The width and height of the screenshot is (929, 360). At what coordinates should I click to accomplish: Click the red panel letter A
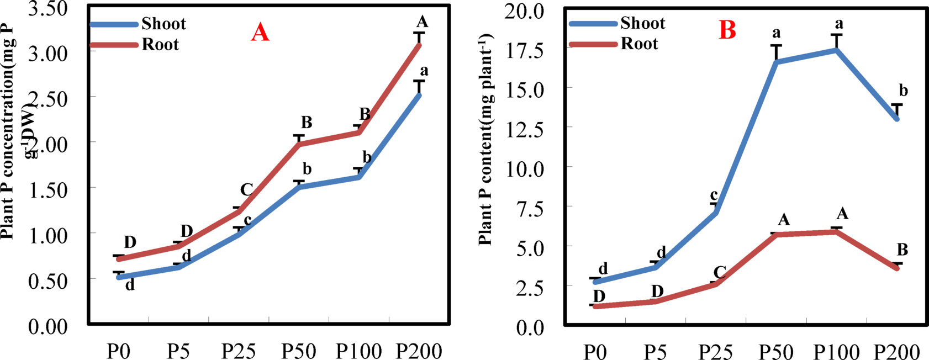[x=260, y=33]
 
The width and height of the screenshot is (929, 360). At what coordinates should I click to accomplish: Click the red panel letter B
[x=727, y=31]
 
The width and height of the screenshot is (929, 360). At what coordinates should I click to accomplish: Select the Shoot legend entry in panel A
[x=163, y=24]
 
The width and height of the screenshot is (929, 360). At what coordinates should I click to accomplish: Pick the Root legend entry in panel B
[x=639, y=44]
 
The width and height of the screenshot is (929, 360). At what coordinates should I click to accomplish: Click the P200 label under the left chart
[x=419, y=351]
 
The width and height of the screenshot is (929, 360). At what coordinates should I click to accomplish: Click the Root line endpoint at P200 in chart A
[x=419, y=45]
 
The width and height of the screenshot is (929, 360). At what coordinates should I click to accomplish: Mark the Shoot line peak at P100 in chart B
[x=837, y=50]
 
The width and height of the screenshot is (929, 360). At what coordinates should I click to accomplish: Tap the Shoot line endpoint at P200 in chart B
[x=897, y=119]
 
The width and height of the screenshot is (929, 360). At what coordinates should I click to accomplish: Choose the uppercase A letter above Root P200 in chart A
[x=422, y=22]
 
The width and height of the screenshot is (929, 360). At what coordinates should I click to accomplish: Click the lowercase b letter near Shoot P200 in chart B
[x=904, y=91]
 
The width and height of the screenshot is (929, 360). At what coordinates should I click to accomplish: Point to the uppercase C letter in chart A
[x=246, y=190]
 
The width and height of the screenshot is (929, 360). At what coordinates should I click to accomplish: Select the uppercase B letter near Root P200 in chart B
[x=901, y=250]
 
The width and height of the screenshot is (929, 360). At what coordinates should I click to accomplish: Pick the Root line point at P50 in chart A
[x=299, y=144]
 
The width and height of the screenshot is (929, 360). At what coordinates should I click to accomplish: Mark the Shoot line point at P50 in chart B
[x=777, y=62]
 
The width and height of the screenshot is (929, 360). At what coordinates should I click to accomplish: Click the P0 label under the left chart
[x=118, y=351]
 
